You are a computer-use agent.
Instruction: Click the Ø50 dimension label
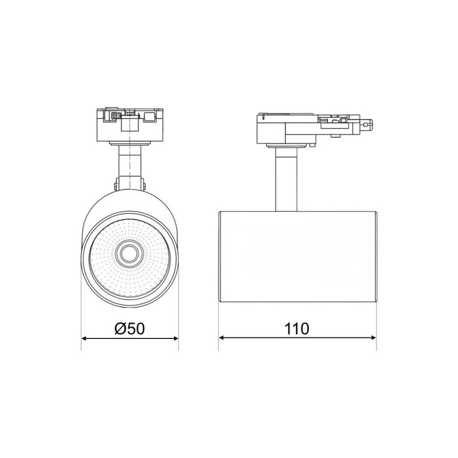(130, 329)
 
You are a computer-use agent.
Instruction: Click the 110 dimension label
(297, 329)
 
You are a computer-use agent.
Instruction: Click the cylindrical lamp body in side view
(298, 256)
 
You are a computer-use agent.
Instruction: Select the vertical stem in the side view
(286, 179)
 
